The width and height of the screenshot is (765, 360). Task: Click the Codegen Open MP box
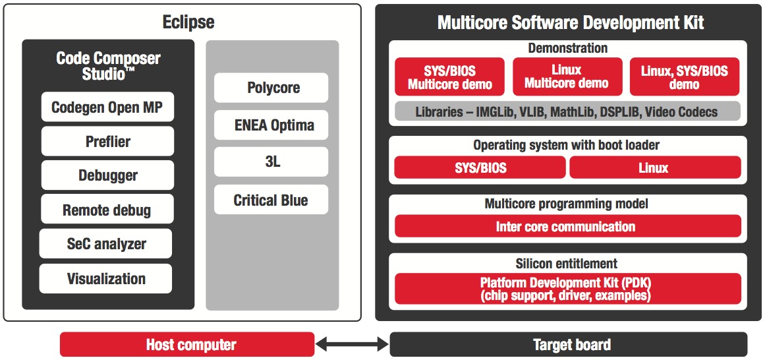(x=107, y=107)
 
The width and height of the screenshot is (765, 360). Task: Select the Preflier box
(x=107, y=141)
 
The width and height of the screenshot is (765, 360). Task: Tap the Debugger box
(x=107, y=175)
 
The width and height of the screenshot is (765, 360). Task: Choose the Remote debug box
(x=107, y=210)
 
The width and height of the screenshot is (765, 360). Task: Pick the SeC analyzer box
(x=106, y=244)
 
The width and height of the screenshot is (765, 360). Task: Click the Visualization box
(x=106, y=278)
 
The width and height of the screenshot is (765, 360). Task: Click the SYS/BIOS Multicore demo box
(x=449, y=77)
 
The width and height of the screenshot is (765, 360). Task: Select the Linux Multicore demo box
(x=567, y=77)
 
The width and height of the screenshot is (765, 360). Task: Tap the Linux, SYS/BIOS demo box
(x=684, y=77)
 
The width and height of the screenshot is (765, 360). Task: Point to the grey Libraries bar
(x=567, y=111)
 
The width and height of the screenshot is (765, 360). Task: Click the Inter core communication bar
(x=567, y=226)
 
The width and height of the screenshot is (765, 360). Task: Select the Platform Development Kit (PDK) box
(x=567, y=289)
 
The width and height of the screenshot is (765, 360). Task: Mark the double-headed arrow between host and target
(x=352, y=344)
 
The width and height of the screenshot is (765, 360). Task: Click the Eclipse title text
(x=188, y=22)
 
